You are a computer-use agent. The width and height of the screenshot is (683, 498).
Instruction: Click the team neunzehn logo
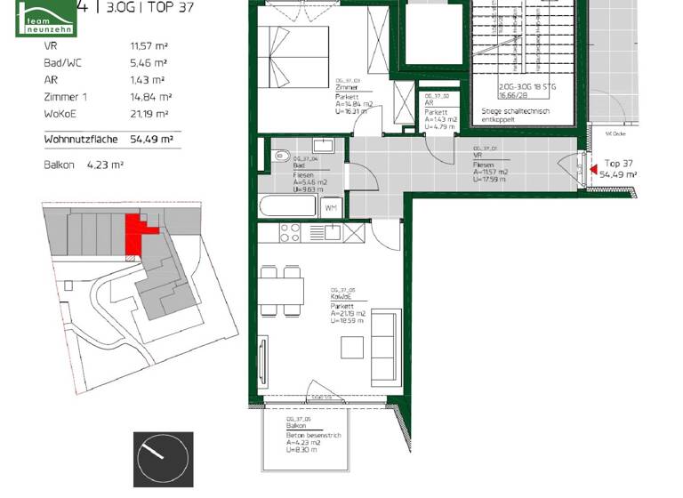tap(46, 19)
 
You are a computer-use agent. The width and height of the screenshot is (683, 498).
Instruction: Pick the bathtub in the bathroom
tap(287, 206)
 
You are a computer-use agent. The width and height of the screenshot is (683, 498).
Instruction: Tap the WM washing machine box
tap(330, 207)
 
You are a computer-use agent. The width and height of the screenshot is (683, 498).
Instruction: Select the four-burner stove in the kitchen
tap(290, 233)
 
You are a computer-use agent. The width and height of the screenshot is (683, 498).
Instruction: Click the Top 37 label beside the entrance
tap(618, 164)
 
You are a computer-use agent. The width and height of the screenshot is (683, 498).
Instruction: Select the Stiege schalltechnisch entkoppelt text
tap(516, 116)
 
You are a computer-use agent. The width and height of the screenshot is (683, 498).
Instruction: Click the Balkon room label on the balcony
tap(296, 427)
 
